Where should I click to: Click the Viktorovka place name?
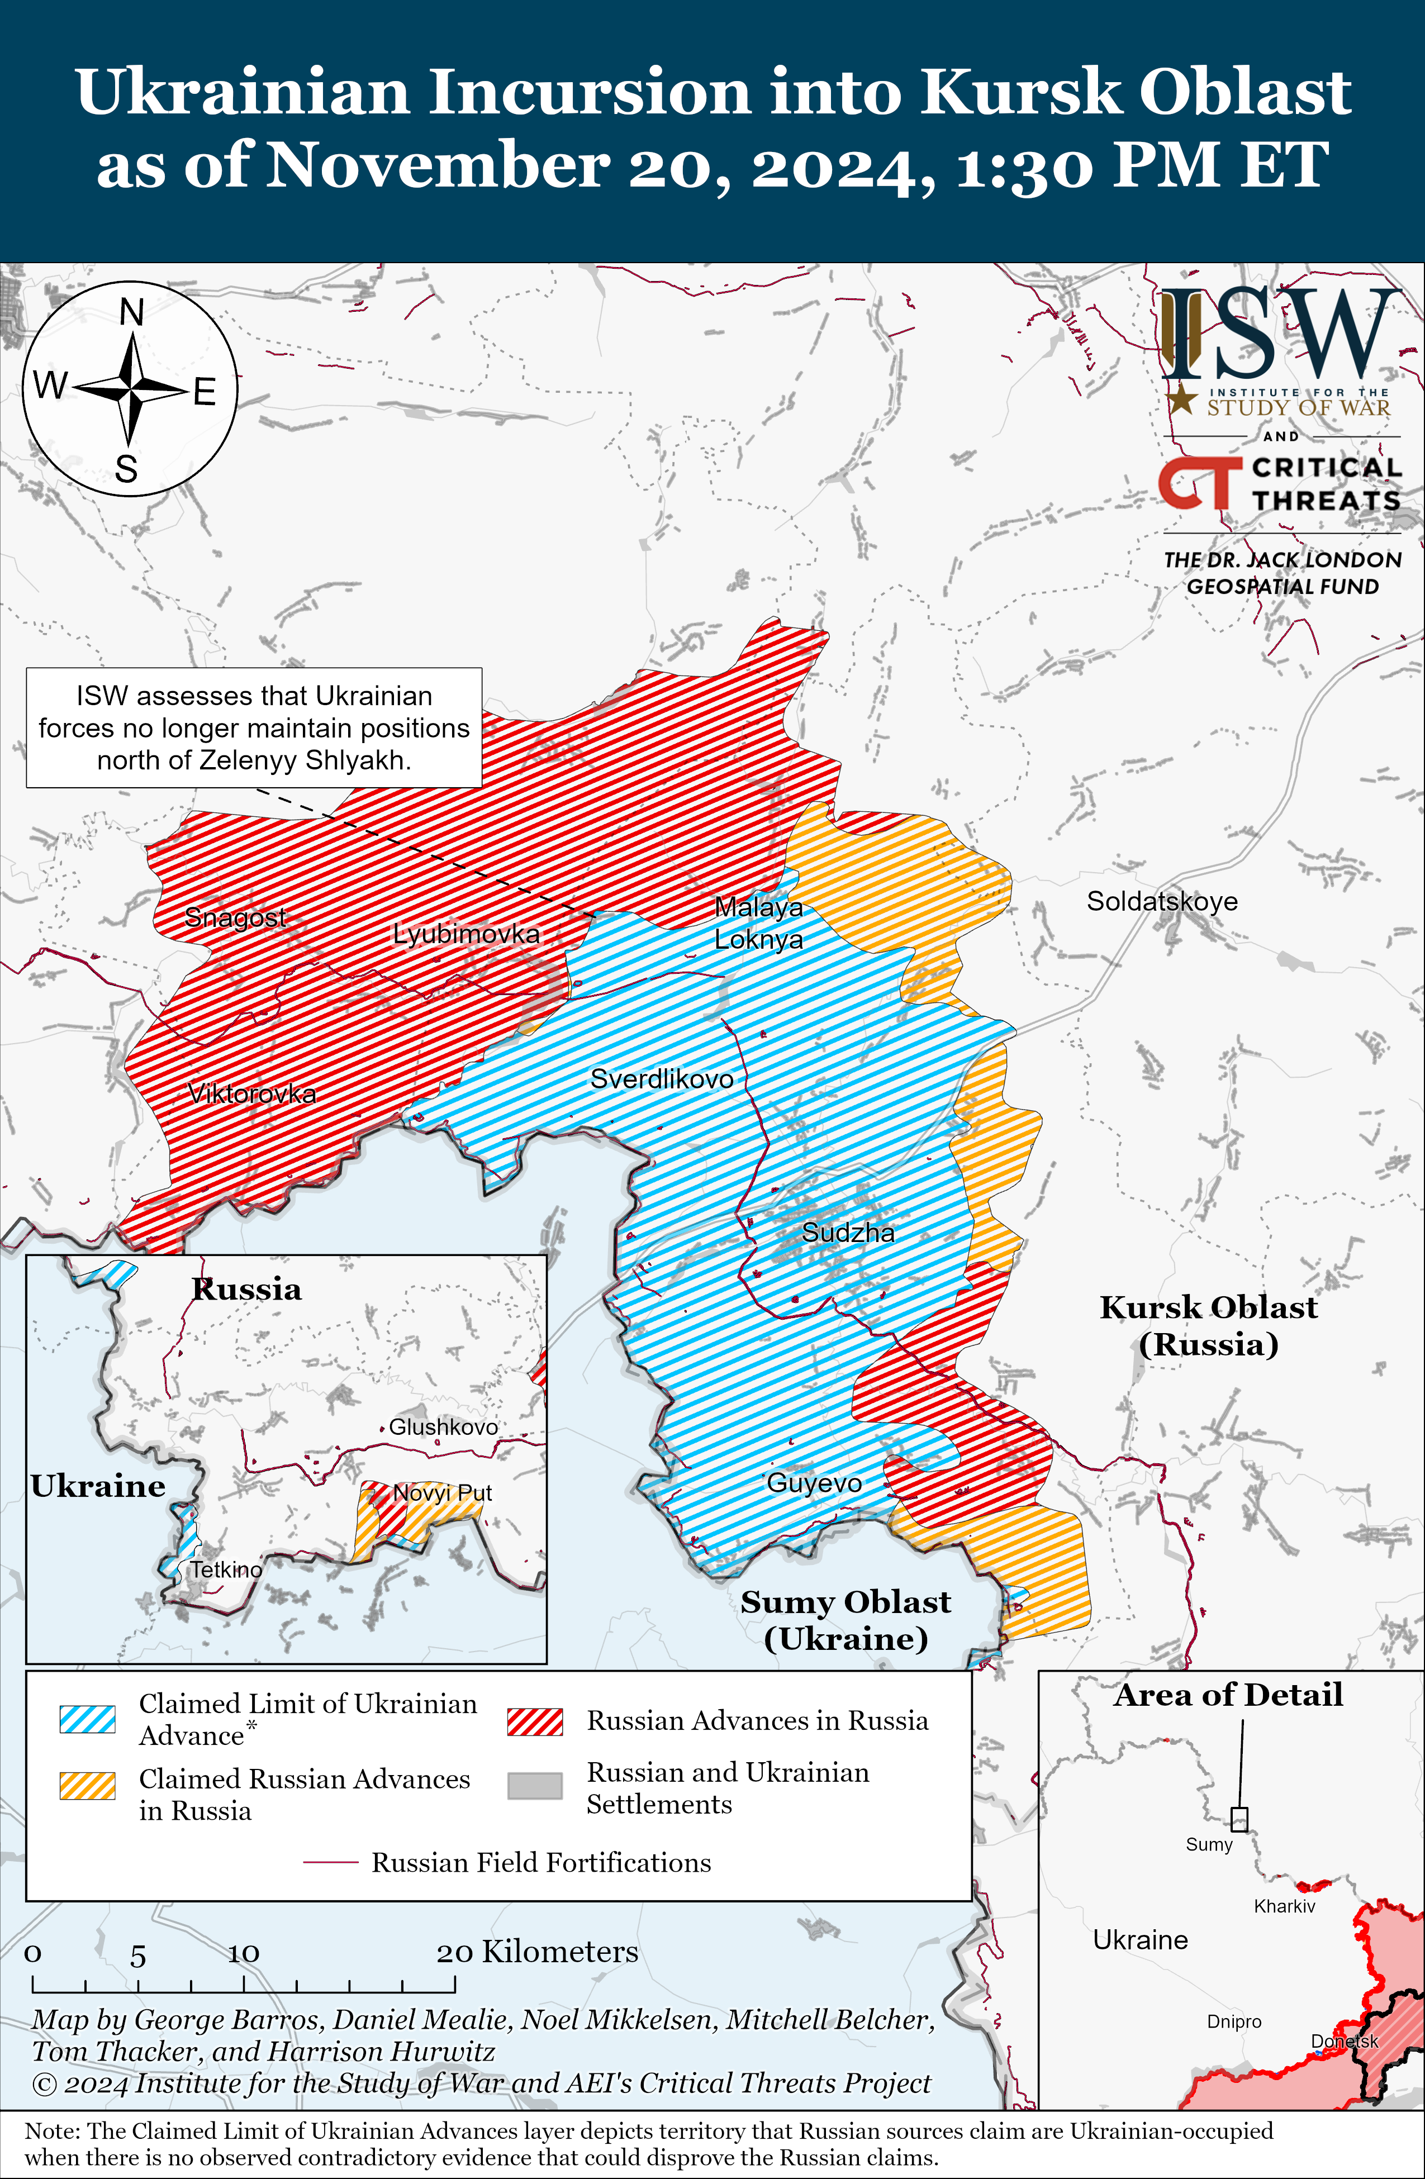point(252,1093)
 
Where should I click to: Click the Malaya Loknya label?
point(758,923)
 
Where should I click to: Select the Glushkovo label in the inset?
point(443,1426)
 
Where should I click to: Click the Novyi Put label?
point(443,1493)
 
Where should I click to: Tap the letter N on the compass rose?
point(132,313)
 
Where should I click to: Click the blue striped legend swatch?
point(88,1719)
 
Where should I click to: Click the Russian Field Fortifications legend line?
point(331,1862)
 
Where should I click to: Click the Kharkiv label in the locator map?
point(1284,1906)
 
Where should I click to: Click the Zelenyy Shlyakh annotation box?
point(254,728)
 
